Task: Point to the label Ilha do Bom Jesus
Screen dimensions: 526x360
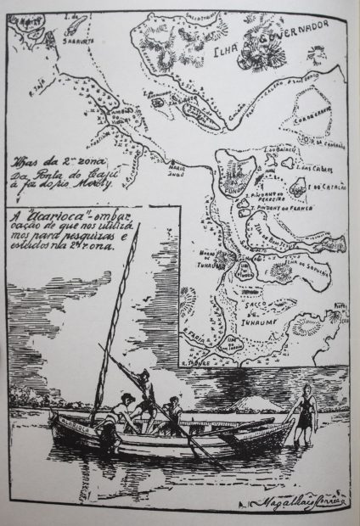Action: tap(270, 241)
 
